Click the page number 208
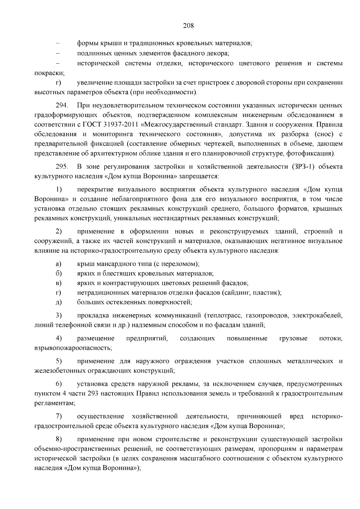[x=188, y=25]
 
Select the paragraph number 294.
[x=62, y=106]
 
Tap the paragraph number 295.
[x=62, y=166]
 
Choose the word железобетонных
[x=60, y=371]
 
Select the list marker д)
[x=58, y=302]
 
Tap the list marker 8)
[x=59, y=439]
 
